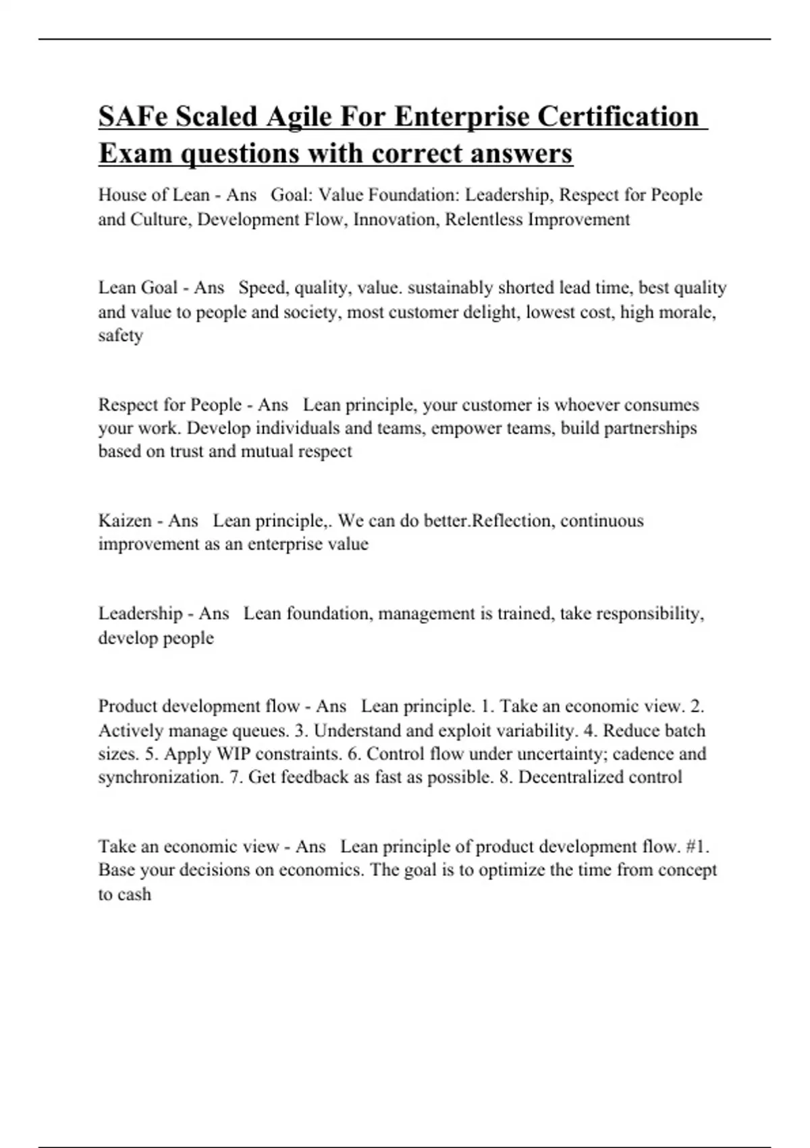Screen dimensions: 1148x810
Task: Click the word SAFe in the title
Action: coord(132,116)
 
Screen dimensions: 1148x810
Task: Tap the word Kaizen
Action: coord(125,521)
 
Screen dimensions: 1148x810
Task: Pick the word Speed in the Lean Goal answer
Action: coord(261,288)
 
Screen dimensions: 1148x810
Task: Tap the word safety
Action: coord(120,336)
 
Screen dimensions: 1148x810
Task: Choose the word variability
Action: coord(533,731)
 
